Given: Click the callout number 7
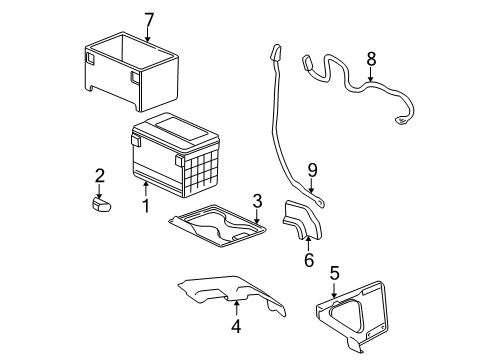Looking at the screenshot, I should (149, 19).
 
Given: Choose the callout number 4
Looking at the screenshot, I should (236, 325).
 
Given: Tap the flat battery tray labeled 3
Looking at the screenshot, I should (221, 232).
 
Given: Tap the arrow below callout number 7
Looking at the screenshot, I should (149, 38).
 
